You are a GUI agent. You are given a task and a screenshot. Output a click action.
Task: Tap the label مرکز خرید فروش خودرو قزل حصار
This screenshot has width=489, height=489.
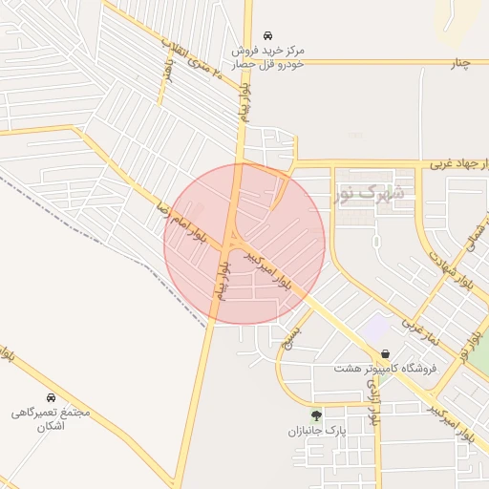click(x=271, y=56)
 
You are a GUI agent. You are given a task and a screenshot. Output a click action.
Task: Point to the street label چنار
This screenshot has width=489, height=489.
click(x=461, y=64)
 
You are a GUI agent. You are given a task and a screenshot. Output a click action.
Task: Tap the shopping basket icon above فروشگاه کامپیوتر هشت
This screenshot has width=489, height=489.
click(x=385, y=353)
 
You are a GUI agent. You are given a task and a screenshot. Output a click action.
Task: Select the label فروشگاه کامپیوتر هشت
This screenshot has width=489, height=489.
click(x=385, y=368)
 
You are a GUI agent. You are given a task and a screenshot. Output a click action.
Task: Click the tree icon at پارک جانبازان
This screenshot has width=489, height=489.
click(x=316, y=415)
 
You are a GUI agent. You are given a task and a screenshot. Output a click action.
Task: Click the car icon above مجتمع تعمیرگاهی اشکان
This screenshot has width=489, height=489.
click(x=50, y=397)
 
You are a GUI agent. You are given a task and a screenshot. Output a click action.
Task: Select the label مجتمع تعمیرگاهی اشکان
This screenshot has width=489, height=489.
click(x=50, y=419)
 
